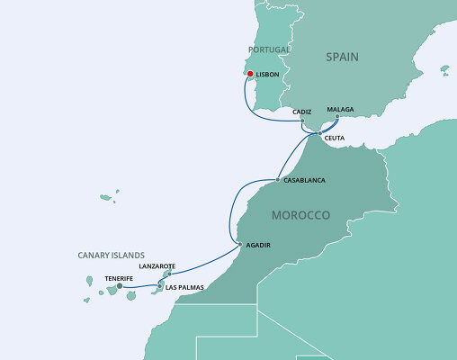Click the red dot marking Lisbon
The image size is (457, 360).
(250, 76)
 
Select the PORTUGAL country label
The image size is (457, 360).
(270, 49)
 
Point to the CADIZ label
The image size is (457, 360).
(302, 112)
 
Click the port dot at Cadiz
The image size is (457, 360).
(302, 120)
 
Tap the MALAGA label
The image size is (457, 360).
(340, 110)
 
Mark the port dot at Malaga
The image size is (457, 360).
(338, 118)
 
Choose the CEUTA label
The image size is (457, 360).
(334, 138)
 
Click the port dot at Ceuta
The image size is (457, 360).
(318, 134)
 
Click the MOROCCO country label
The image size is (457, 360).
(300, 216)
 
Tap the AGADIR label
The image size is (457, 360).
(257, 245)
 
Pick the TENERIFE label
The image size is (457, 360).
(120, 278)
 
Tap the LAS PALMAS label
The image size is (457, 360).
(185, 287)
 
